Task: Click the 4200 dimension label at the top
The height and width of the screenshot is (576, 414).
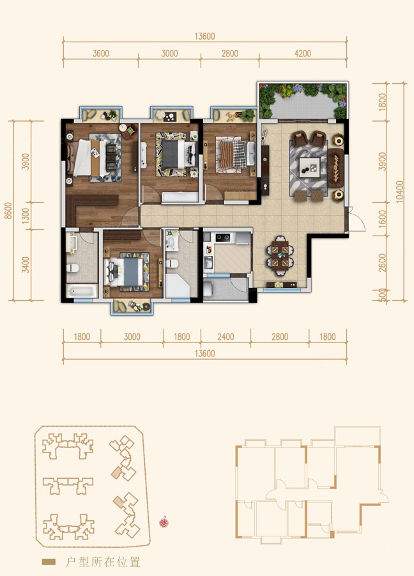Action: point(303,54)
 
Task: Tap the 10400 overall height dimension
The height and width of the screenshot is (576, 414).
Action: point(400,191)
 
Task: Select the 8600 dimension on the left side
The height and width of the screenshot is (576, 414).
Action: point(8,211)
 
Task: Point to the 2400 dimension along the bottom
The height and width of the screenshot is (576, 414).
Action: point(226,337)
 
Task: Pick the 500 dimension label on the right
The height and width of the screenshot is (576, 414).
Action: point(383,295)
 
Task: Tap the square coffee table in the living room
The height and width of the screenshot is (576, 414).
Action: point(309,168)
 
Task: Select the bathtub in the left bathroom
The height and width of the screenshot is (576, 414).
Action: point(82,292)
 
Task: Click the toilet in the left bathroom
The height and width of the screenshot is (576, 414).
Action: point(72,268)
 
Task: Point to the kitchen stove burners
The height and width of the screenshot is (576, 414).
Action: point(223,237)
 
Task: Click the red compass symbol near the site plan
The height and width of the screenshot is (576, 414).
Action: point(164,522)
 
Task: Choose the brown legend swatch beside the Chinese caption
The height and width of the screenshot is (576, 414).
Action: point(49,562)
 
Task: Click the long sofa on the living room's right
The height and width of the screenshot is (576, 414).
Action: point(336,168)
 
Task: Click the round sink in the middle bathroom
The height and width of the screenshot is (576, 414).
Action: point(171,242)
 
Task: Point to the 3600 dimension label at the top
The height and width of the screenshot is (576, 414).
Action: point(101,54)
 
